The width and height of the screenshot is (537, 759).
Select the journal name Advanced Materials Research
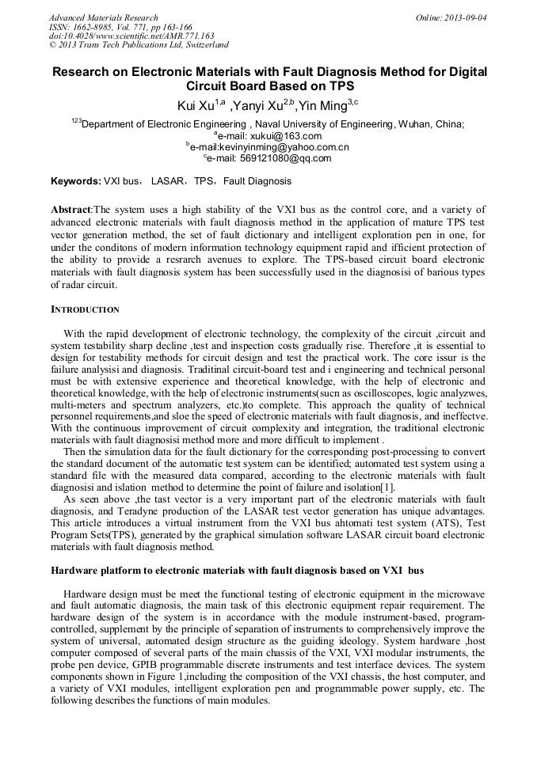point(103,17)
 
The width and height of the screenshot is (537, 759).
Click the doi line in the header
point(131,36)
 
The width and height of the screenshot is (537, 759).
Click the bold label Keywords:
point(76,181)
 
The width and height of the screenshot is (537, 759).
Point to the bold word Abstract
point(71,210)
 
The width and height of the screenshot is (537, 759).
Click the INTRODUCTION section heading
point(85,309)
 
